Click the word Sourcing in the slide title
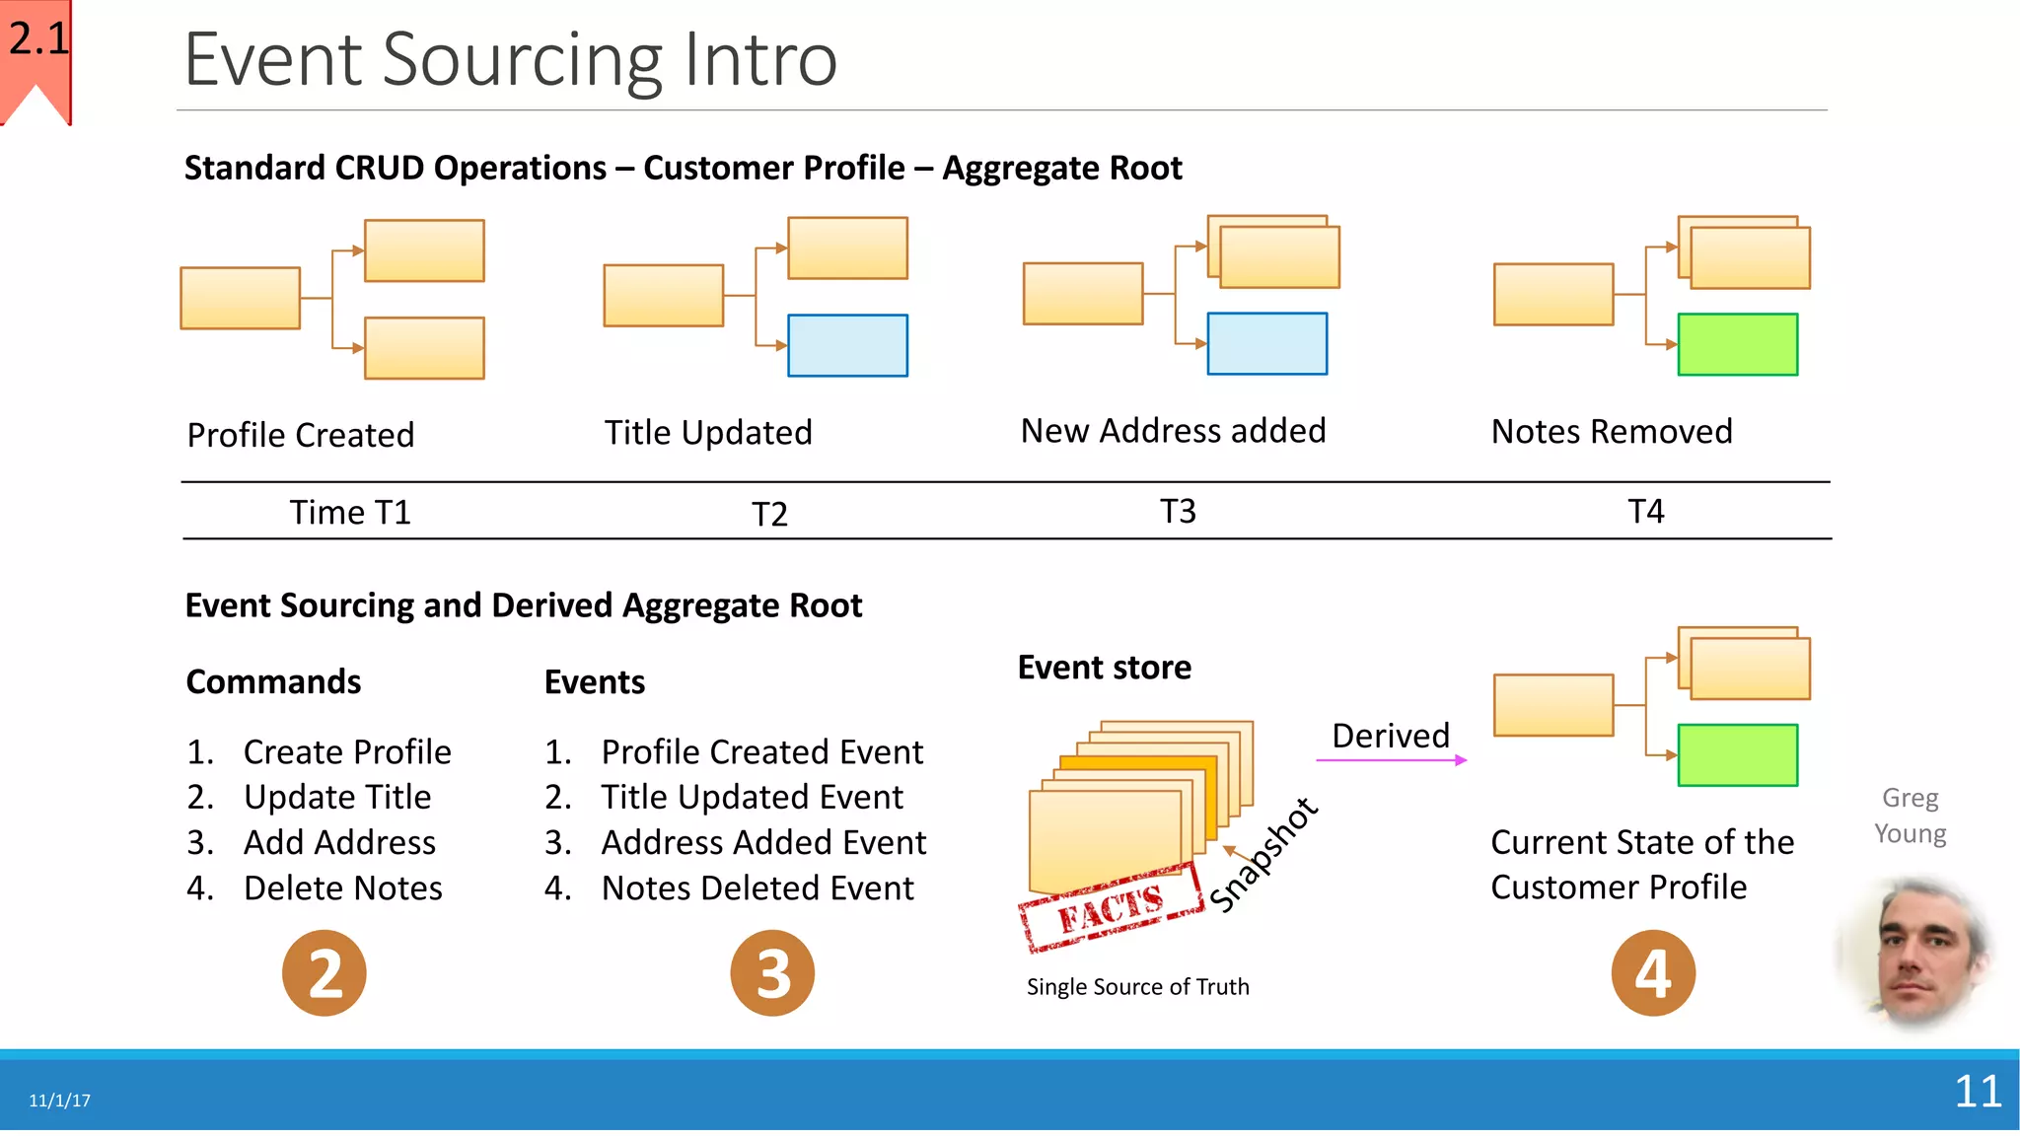522,61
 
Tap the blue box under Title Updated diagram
847,345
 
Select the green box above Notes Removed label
1737,344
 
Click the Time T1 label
349,513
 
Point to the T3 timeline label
1177,512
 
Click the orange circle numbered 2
324,973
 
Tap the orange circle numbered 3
772,973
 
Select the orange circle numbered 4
1653,973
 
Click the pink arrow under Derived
1391,760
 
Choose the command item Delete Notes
341,888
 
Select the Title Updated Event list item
752,797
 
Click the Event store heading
1104,668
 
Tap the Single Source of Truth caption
1137,987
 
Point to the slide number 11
1977,1092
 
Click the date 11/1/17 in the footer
59,1100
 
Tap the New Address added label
1173,431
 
